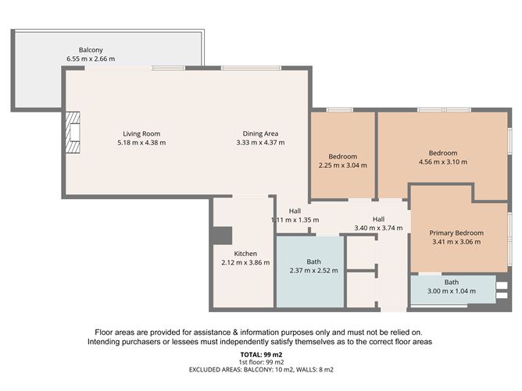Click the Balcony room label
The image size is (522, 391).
pos(91,48)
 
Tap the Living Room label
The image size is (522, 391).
pos(141,133)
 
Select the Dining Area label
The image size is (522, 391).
pos(260,133)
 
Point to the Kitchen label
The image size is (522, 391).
pos(245,253)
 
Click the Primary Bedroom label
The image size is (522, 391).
pos(457,233)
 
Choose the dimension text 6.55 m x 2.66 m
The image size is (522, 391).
pos(91,59)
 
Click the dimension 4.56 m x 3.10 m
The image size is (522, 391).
pos(443,162)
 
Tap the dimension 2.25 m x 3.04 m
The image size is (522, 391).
pos(342,165)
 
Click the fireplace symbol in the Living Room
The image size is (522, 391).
pos(73,132)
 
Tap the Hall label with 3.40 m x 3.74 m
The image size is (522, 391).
pos(378,219)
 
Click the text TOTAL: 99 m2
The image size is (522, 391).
pos(260,355)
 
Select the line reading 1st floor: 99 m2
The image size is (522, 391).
pos(260,362)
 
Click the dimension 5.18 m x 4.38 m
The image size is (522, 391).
pos(141,143)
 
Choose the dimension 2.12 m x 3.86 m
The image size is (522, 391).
pos(245,262)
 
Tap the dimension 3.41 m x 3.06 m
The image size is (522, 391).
pos(457,242)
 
